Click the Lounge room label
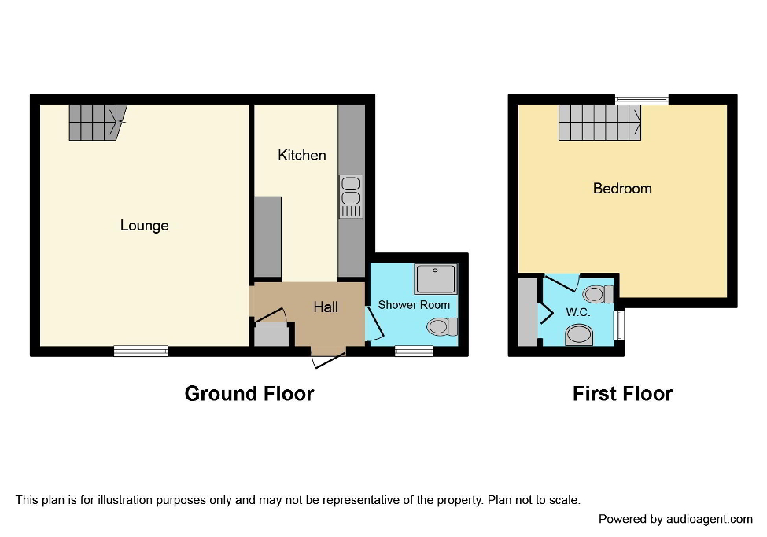(144, 226)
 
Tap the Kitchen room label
(302, 155)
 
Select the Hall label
(326, 307)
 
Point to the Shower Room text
(414, 304)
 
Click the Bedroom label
(622, 189)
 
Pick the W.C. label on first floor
(578, 312)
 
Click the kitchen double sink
(351, 196)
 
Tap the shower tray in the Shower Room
(435, 279)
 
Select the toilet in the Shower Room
(441, 326)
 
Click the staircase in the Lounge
(96, 122)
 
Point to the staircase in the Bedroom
(600, 123)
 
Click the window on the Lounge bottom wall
(141, 351)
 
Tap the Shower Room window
(414, 351)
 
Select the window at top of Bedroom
(642, 99)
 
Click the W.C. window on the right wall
(619, 325)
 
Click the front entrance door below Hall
(328, 359)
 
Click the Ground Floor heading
(249, 393)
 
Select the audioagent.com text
(709, 519)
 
